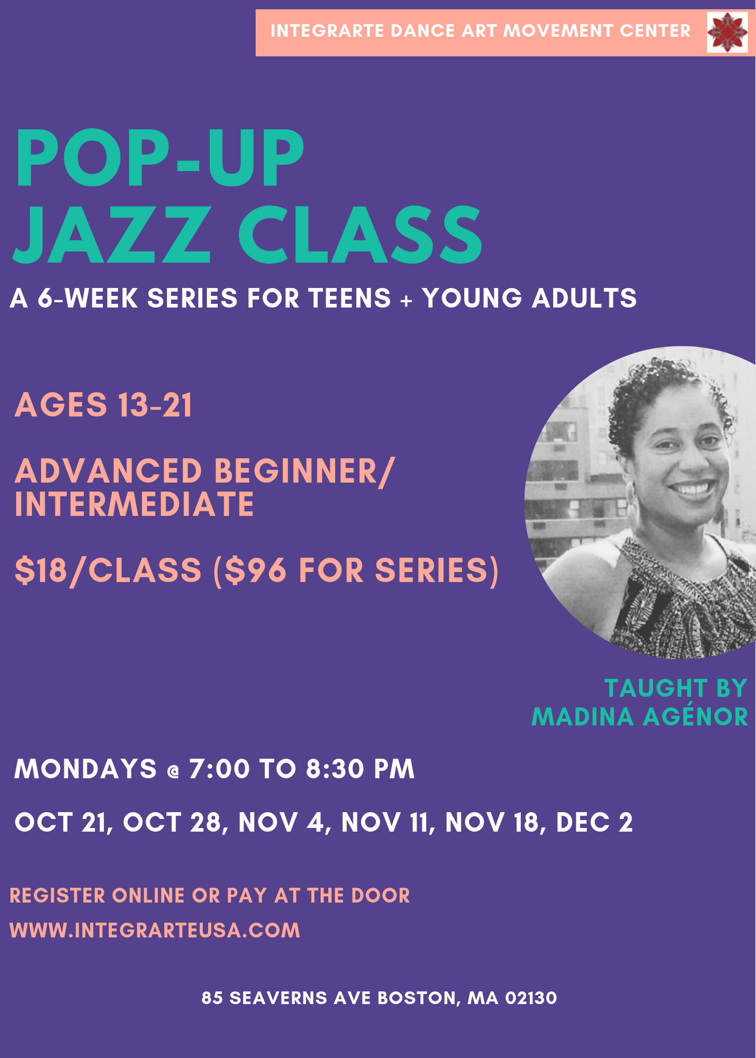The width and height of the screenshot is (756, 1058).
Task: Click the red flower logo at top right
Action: coord(727,32)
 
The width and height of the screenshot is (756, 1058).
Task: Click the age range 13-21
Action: coord(155,405)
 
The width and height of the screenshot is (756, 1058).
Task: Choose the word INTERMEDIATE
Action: coord(134,504)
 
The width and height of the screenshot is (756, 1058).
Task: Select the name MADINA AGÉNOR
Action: coord(640,717)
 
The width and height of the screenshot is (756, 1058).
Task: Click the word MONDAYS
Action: coord(86,768)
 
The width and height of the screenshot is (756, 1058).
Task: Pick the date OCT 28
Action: coord(172,822)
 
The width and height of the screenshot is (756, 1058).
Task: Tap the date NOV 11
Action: coord(384,822)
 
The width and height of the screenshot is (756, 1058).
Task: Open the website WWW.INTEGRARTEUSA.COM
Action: coord(155,930)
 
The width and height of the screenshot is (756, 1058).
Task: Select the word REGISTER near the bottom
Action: coord(57,896)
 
